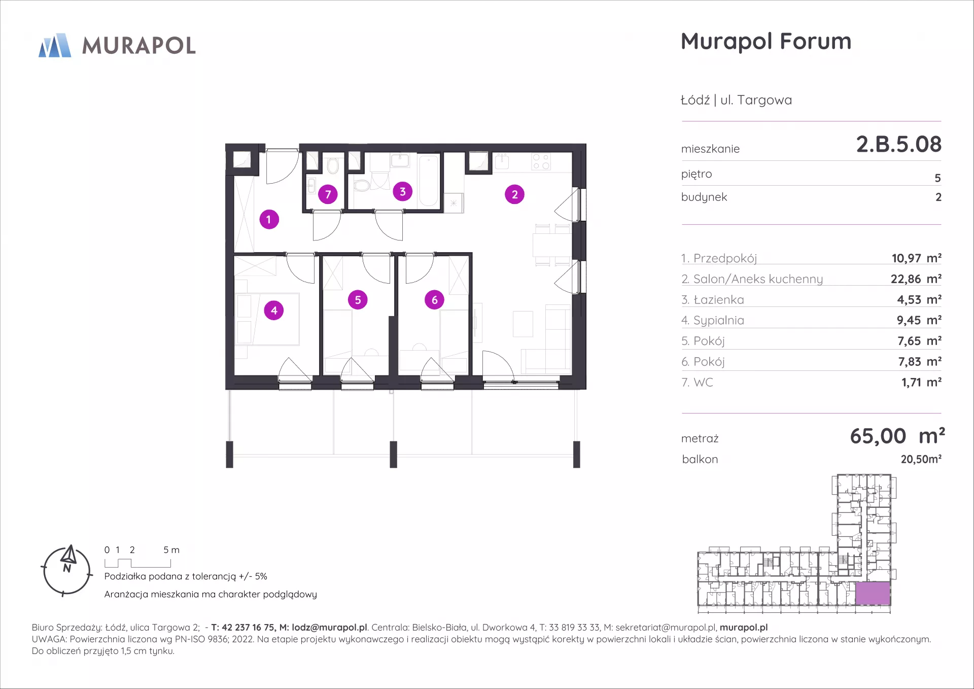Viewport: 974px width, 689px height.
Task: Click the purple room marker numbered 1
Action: click(269, 220)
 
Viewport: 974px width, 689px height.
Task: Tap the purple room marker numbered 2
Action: click(514, 194)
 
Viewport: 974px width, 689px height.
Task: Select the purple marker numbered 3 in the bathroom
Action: click(403, 192)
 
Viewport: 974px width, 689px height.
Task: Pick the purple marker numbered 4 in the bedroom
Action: click(274, 311)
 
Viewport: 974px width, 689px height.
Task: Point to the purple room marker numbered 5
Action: click(358, 300)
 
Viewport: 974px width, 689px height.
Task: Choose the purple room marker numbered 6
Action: click(434, 300)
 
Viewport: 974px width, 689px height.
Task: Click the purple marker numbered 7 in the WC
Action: click(328, 194)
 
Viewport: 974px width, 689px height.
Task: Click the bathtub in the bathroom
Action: click(429, 181)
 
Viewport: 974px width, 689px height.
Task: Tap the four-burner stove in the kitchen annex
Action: click(541, 162)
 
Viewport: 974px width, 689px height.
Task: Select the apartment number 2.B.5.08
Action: click(898, 144)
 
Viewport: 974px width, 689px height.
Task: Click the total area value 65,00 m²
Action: click(897, 436)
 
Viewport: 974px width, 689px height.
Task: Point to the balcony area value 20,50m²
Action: click(921, 459)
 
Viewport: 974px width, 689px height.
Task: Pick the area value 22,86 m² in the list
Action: click(916, 279)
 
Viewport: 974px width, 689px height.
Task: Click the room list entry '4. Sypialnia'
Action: click(712, 321)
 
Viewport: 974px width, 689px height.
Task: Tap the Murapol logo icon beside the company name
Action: click(55, 45)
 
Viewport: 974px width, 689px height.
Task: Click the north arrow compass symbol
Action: click(66, 571)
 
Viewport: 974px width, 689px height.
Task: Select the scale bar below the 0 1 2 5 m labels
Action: click(137, 563)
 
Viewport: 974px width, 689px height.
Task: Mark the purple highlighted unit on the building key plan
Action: click(873, 593)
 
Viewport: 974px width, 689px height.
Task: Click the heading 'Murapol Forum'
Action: click(766, 42)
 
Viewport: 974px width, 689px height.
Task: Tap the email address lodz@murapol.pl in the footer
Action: click(329, 628)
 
